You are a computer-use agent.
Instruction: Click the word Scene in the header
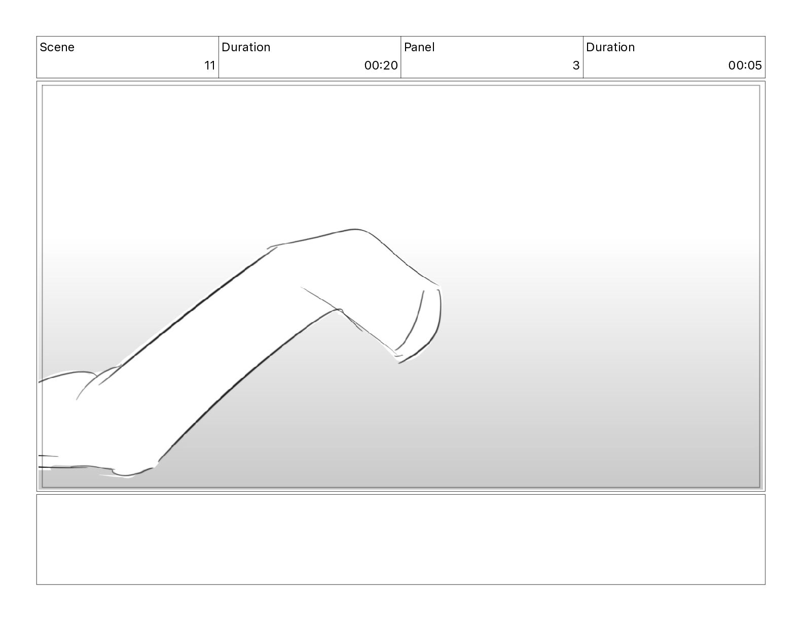click(x=57, y=47)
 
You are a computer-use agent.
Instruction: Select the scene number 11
click(x=210, y=65)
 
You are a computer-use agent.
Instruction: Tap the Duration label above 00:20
click(x=246, y=47)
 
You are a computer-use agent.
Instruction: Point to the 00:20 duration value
click(x=381, y=65)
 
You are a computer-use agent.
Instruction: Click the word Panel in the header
click(x=419, y=47)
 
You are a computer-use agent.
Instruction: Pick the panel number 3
click(x=576, y=65)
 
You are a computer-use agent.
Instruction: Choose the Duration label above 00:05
click(x=610, y=47)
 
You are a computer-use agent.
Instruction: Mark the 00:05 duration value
click(x=745, y=65)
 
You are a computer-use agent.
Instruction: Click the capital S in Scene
click(x=44, y=47)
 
